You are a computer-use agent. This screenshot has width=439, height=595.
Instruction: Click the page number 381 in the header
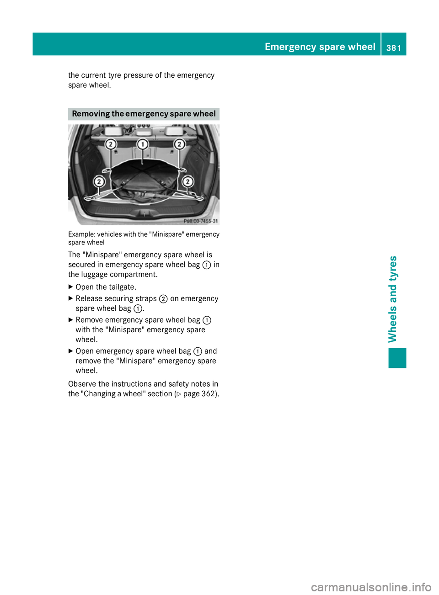(x=393, y=47)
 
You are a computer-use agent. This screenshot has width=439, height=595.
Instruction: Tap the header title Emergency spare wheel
(x=320, y=47)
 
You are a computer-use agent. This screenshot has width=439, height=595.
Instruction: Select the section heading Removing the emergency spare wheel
(x=144, y=114)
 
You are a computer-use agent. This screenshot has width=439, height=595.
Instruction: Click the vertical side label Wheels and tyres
(x=392, y=299)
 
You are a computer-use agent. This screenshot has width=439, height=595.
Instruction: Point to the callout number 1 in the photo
(x=143, y=144)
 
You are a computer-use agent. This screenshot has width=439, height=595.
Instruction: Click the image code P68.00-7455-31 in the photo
(x=200, y=221)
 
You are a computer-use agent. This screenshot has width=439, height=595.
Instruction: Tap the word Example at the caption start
(x=81, y=234)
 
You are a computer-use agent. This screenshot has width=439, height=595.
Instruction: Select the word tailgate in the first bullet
(x=121, y=287)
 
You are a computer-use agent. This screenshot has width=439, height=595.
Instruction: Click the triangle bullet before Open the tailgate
(x=70, y=287)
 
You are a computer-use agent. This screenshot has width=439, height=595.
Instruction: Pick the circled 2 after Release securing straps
(x=163, y=299)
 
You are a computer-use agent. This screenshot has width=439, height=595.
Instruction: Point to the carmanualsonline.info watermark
(x=371, y=587)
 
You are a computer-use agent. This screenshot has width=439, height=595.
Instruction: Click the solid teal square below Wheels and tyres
(x=397, y=358)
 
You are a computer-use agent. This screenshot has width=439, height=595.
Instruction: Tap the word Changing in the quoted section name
(x=99, y=394)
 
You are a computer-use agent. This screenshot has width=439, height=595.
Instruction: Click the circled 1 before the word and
(x=198, y=351)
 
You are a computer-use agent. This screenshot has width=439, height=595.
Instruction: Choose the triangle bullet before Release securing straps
(x=70, y=298)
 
